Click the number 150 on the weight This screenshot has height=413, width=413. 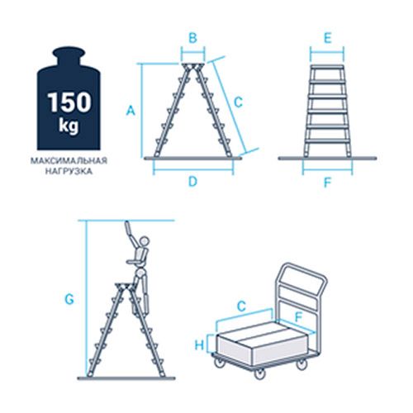pyautogui.click(x=69, y=102)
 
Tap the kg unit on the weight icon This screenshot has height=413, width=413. pyautogui.click(x=69, y=126)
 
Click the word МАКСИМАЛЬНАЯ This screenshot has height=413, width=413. pyautogui.click(x=69, y=160)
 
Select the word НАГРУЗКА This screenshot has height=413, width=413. pyautogui.click(x=69, y=171)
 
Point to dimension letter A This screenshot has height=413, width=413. pyautogui.click(x=131, y=111)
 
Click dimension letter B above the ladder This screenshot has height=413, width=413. pyautogui.click(x=193, y=38)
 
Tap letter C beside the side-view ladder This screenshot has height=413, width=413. pyautogui.click(x=239, y=102)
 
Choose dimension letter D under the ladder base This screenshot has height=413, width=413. pyautogui.click(x=192, y=182)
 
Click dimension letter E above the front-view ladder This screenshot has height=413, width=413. pyautogui.click(x=327, y=38)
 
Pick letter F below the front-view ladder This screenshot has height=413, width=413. pyautogui.click(x=327, y=183)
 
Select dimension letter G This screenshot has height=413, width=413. pyautogui.click(x=69, y=299)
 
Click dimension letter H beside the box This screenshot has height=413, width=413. pyautogui.click(x=200, y=344)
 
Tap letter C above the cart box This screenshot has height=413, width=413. pyautogui.click(x=241, y=306)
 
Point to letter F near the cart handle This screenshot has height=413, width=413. pyautogui.click(x=298, y=317)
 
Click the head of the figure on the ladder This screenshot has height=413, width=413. pyautogui.click(x=144, y=241)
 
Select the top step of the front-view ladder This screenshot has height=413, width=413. pyautogui.click(x=327, y=67)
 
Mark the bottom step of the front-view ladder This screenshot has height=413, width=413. pyautogui.click(x=327, y=141)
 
